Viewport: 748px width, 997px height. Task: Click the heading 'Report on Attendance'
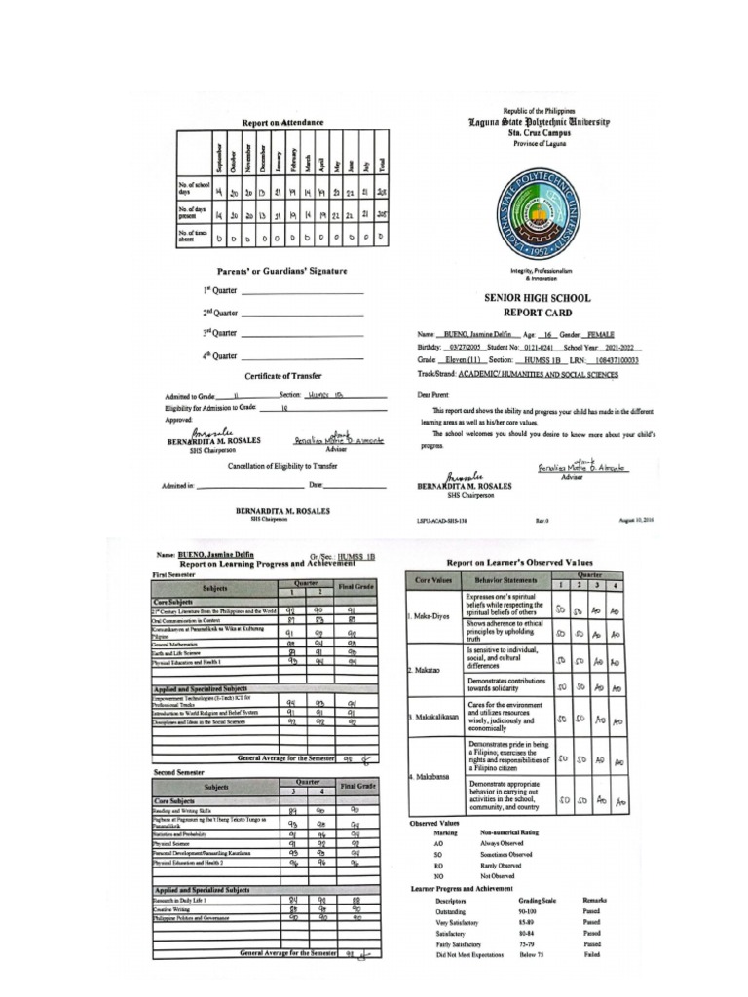pyautogui.click(x=282, y=123)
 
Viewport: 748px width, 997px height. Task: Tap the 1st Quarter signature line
pyautogui.click(x=302, y=291)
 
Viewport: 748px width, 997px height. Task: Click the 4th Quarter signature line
pyautogui.click(x=302, y=356)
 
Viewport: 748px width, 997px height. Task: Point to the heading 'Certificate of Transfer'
pyautogui.click(x=282, y=376)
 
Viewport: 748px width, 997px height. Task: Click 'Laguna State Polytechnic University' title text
pyautogui.click(x=539, y=123)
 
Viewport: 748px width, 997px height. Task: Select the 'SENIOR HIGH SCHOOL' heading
pyautogui.click(x=539, y=299)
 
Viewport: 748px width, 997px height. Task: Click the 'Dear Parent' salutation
pyautogui.click(x=437, y=395)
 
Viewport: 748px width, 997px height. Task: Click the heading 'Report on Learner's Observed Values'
pyautogui.click(x=519, y=563)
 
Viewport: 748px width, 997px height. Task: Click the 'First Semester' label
pyautogui.click(x=175, y=575)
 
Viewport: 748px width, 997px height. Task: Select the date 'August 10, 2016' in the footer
pyautogui.click(x=635, y=521)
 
